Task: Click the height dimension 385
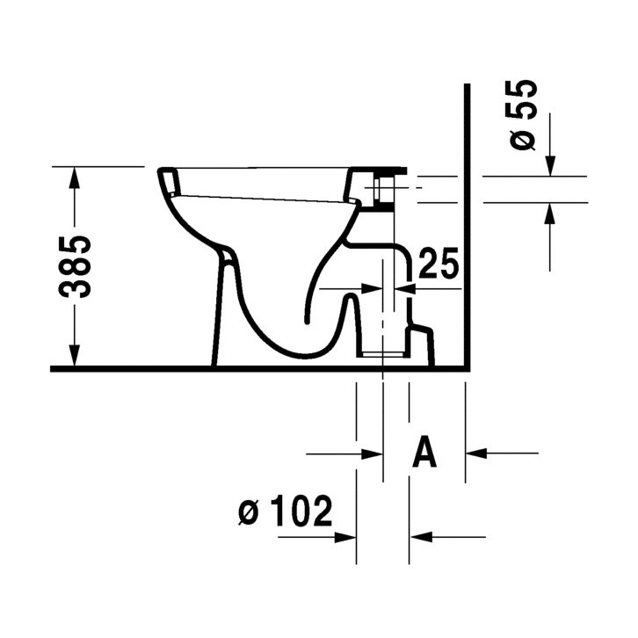coord(79,266)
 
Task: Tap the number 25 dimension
coord(438,263)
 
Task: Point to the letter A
coord(424,453)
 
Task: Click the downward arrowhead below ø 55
coord(550,166)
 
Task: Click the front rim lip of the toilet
coord(168,181)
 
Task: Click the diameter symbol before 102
coord(249,511)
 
